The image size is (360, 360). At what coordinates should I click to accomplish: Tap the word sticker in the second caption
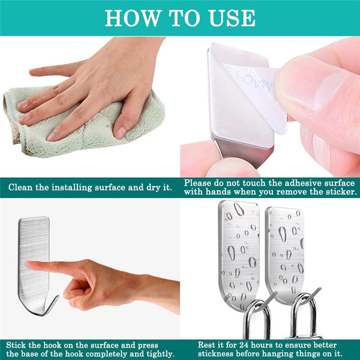pyautogui.click(x=341, y=192)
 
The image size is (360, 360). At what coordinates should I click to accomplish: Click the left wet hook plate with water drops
pyautogui.click(x=238, y=252)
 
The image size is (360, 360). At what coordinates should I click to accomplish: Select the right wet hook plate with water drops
pyautogui.click(x=284, y=252)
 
